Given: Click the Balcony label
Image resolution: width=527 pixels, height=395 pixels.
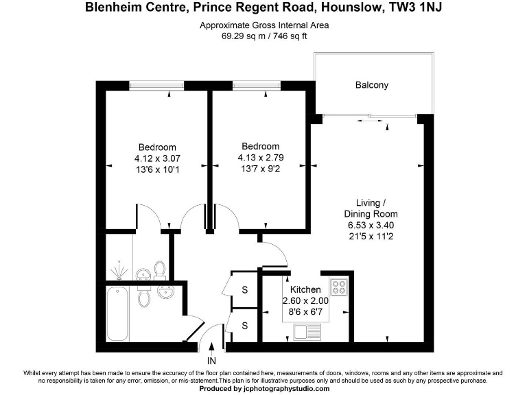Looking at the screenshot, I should pos(372,86).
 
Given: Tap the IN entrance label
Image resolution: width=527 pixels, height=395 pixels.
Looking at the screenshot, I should pos(211,360).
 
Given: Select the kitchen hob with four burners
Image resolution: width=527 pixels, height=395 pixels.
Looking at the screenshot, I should pos(340,285).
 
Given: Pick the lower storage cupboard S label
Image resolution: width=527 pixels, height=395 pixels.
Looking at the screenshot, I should pos(244,325).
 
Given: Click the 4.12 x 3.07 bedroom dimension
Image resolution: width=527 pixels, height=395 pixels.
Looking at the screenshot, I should pos(157,159).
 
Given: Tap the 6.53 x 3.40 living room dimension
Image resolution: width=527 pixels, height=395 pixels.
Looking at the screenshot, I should pos(371,226).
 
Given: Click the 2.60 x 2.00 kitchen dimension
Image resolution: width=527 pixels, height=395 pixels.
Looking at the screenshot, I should pos(305,301).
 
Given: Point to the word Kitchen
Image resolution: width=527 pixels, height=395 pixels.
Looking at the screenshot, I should pos(305,290).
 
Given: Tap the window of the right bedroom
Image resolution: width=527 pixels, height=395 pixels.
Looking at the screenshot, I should pos(256,86).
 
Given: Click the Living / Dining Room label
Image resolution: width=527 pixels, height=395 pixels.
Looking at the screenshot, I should pos(371,208).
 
